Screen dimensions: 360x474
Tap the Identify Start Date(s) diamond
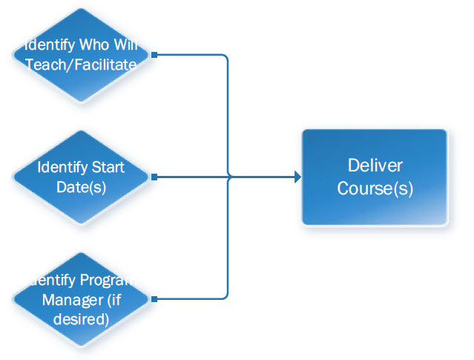pyautogui.click(x=82, y=177)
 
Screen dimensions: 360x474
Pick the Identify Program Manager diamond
pyautogui.click(x=82, y=300)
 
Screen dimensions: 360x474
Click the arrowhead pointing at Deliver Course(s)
pyautogui.click(x=297, y=177)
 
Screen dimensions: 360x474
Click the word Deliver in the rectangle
pyautogui.click(x=375, y=166)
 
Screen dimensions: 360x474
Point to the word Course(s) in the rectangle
pyautogui.click(x=375, y=188)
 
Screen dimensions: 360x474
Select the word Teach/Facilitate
pyautogui.click(x=81, y=65)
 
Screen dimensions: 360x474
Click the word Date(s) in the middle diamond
pyautogui.click(x=82, y=186)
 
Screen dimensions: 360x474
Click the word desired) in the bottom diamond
pyautogui.click(x=82, y=319)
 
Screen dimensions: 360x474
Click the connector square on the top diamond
pyautogui.click(x=154, y=54)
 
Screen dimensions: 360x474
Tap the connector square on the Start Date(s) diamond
pyautogui.click(x=154, y=177)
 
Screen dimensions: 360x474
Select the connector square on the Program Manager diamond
pyautogui.click(x=154, y=300)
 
